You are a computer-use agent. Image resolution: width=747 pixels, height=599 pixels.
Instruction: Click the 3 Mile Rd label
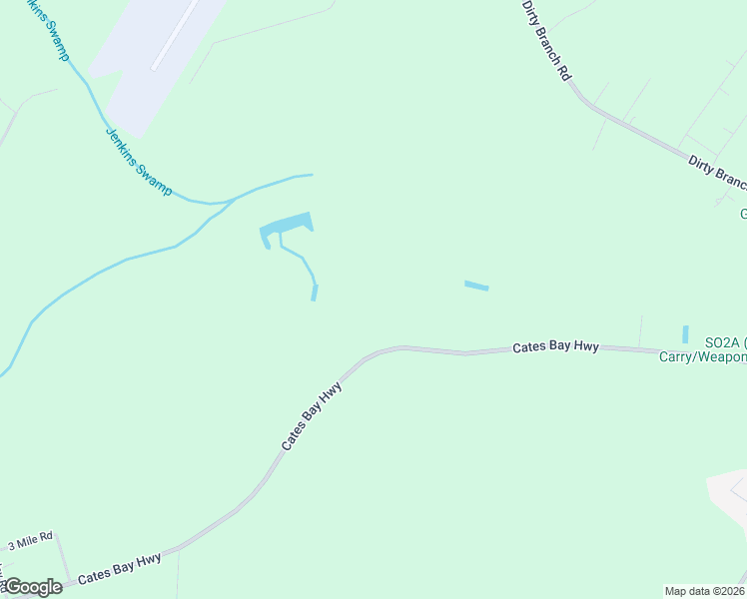tap(30, 544)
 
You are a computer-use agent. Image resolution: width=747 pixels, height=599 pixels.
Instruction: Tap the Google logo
tap(33, 587)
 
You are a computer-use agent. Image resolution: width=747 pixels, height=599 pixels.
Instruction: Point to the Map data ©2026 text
tap(704, 591)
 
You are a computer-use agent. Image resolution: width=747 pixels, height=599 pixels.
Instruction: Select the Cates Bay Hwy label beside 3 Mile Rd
tap(120, 568)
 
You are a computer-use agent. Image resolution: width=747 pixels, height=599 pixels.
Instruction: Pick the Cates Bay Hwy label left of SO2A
tap(555, 346)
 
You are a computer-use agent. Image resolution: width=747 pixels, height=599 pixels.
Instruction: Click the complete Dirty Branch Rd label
tap(546, 39)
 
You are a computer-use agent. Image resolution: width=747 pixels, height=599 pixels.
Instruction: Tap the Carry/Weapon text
tap(702, 357)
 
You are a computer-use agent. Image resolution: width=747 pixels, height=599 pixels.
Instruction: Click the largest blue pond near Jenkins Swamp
tap(287, 227)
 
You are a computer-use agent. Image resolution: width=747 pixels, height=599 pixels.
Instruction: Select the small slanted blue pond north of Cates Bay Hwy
tap(476, 287)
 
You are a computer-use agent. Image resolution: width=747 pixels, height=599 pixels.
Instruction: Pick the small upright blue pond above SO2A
tap(685, 334)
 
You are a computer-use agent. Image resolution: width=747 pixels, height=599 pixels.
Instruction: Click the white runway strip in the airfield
tap(176, 34)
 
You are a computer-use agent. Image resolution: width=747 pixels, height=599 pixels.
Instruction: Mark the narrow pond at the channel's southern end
tap(315, 293)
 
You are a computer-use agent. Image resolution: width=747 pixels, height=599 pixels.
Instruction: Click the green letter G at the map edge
tap(743, 214)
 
